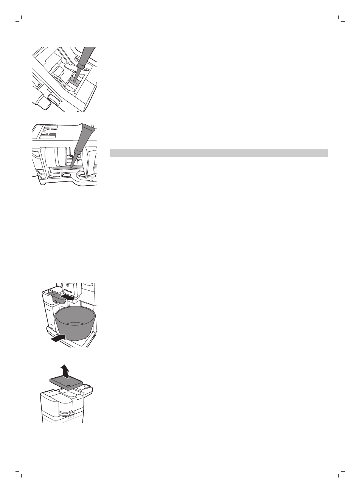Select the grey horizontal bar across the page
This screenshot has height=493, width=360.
click(x=218, y=153)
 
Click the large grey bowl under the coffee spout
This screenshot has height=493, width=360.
click(x=75, y=321)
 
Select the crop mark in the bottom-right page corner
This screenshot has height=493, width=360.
click(x=340, y=473)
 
